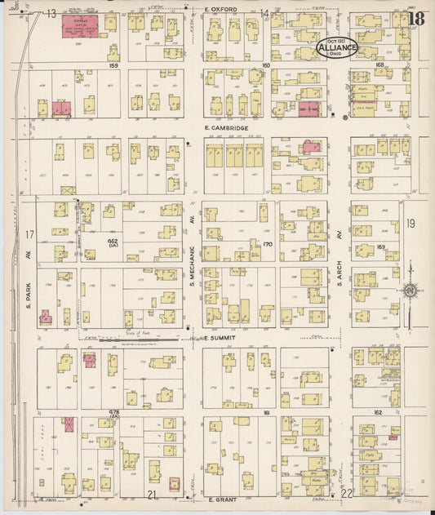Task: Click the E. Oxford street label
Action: tap(220, 9)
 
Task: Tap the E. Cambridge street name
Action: tap(226, 129)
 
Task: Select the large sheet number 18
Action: tap(416, 18)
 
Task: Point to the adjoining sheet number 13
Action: tap(51, 14)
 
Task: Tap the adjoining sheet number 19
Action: tap(411, 223)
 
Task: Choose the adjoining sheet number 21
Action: tap(151, 495)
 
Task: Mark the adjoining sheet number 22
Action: tap(346, 494)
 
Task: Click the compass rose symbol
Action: tap(411, 290)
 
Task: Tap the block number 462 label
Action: tap(113, 244)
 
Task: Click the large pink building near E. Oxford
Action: tap(81, 25)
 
